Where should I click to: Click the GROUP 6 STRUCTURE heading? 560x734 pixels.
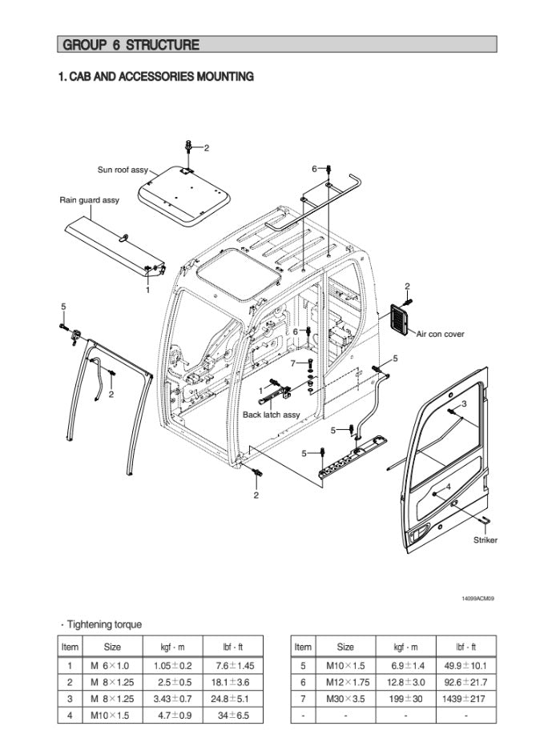130,45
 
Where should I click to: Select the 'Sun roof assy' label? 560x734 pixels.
123,170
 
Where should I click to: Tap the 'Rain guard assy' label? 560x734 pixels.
89,200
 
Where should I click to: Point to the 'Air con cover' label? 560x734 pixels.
440,334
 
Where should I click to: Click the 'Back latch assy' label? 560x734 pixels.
272,415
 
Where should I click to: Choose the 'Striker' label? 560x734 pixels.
485,539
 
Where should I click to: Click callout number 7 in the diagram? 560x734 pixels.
292,363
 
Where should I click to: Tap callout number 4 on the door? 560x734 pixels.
449,487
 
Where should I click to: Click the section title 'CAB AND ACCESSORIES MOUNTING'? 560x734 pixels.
156,77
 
